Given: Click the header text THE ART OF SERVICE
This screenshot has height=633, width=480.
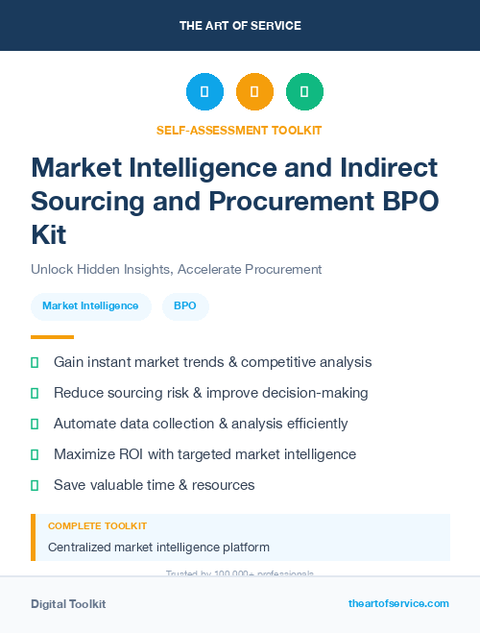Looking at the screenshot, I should [240, 25].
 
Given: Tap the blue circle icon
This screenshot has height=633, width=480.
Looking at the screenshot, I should [204, 92].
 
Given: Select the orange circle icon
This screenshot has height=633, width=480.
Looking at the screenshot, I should [254, 92].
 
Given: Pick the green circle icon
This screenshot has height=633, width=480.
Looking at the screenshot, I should [304, 92].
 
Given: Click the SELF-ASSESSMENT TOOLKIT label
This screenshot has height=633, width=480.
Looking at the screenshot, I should [239, 130].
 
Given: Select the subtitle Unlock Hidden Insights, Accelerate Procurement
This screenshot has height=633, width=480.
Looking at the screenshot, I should [176, 269].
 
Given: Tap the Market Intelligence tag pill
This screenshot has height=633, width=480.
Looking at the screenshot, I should [90, 306].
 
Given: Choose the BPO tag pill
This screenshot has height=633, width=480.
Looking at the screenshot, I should [185, 306].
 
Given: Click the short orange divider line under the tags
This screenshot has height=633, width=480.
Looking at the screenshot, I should [52, 337].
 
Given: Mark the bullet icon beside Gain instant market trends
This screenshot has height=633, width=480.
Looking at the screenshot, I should [35, 362].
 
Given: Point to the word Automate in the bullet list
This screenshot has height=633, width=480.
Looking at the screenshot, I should [84, 424].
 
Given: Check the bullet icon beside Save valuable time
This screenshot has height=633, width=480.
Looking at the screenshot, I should [35, 485].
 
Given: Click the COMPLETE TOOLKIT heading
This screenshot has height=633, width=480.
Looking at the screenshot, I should [97, 526].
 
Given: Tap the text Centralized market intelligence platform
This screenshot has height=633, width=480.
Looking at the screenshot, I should [158, 548].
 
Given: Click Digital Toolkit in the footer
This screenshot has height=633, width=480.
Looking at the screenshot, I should [68, 604].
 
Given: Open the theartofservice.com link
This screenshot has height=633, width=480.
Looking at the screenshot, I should [398, 603].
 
